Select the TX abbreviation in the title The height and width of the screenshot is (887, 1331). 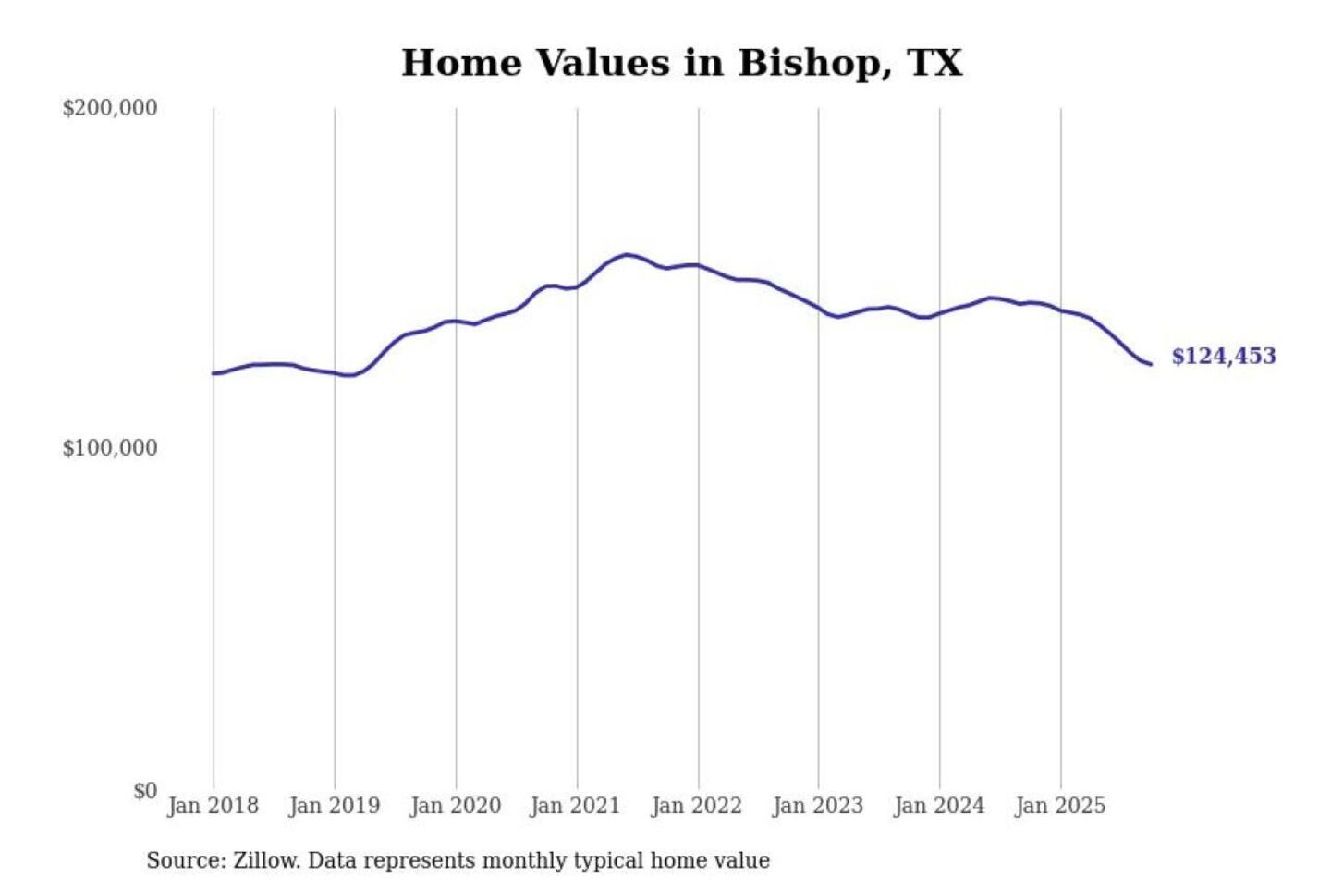(934, 63)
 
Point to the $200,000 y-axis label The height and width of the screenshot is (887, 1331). (110, 108)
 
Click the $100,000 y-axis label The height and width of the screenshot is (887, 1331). (110, 448)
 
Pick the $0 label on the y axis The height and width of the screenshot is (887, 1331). (145, 791)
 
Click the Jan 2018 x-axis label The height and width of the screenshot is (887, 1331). (214, 806)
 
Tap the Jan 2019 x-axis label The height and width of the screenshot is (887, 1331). (335, 806)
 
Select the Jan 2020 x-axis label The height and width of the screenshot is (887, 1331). (456, 806)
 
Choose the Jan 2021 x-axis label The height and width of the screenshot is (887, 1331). (575, 806)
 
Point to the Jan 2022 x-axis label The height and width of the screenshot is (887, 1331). (697, 806)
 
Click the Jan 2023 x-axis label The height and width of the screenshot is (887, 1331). (818, 806)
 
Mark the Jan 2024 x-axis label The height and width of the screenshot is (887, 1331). (939, 806)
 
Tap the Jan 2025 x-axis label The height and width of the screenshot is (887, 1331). (1060, 806)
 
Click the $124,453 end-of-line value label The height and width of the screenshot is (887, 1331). (1224, 357)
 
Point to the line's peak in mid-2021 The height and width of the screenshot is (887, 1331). (627, 254)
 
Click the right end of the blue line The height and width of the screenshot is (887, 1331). (1151, 364)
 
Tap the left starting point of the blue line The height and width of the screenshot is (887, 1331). (214, 373)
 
